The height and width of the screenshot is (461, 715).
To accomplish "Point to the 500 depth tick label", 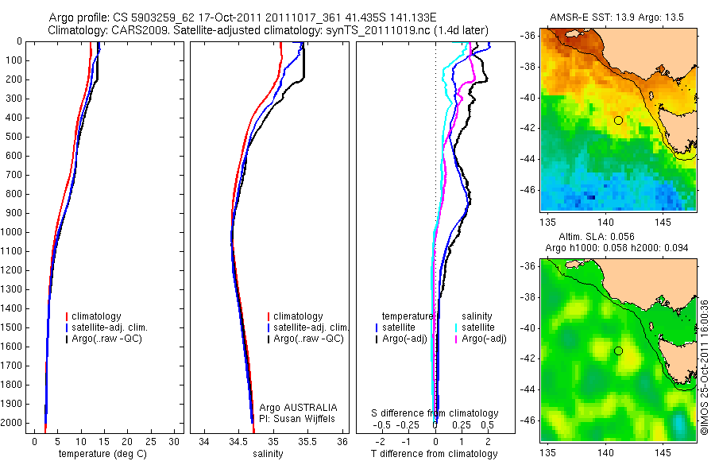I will pos(12,137).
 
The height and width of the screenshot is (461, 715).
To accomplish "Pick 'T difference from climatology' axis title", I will pos(434,454).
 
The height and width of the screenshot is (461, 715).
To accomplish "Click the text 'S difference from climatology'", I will pos(435,413).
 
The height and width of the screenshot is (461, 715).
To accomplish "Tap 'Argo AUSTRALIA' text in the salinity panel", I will pos(298,407).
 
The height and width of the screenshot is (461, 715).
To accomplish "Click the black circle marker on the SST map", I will pos(618,120).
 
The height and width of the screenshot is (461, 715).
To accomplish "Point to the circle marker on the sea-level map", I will pos(618,351).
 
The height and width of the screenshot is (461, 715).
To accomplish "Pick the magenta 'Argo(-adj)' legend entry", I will pos(484,339).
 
